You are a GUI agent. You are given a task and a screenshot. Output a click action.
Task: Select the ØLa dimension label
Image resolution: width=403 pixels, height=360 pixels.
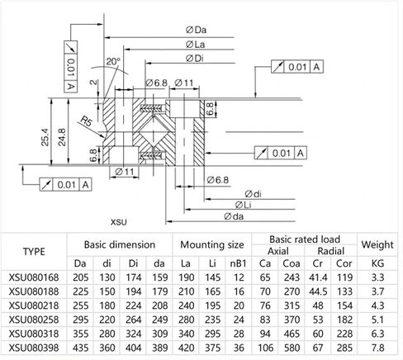(x=195, y=44)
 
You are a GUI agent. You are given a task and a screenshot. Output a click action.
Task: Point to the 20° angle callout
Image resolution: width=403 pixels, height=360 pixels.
(x=113, y=62)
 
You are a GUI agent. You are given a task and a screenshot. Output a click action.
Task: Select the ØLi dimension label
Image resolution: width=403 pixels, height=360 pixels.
(x=244, y=204)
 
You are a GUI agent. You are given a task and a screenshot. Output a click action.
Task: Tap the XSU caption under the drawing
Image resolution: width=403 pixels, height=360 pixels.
(x=119, y=222)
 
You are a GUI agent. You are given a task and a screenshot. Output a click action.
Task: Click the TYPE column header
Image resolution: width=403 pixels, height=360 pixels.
(x=35, y=252)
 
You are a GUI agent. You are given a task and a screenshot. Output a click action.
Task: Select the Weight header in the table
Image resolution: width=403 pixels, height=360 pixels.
(x=377, y=244)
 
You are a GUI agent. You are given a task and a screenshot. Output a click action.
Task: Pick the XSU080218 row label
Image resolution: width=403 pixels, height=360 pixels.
(x=35, y=304)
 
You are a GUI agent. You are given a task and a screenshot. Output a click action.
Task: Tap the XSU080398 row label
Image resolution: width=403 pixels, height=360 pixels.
(x=35, y=348)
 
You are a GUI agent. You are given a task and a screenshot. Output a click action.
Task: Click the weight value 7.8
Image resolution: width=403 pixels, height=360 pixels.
(x=377, y=348)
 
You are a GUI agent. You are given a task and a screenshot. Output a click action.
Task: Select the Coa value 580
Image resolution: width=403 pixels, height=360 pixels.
(x=291, y=348)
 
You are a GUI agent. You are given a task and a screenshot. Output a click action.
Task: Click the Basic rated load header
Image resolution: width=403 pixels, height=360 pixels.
(x=303, y=239)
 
